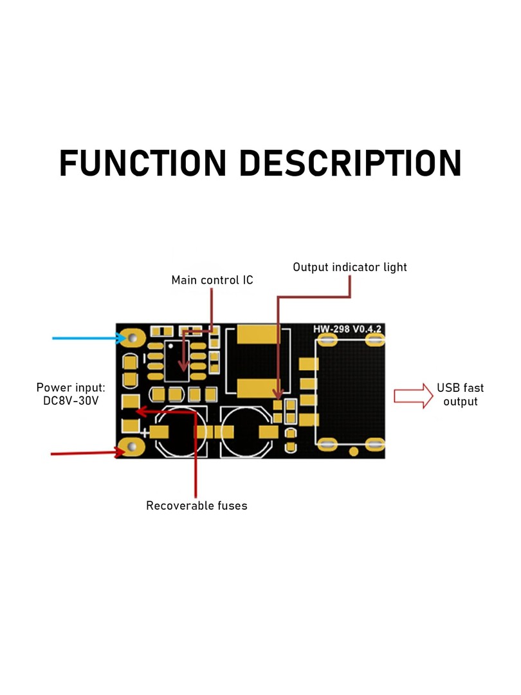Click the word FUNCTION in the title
[x=143, y=163]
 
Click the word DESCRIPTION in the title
[x=351, y=163]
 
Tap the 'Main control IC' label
[x=212, y=280]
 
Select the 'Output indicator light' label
[x=349, y=267]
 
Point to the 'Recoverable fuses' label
[x=197, y=506]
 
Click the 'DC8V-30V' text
[x=71, y=401]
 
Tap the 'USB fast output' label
[x=461, y=394]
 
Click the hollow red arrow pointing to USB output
[x=414, y=396]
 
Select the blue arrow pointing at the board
[x=89, y=338]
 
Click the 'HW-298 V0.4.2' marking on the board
[x=347, y=329]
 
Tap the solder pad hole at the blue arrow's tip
[x=132, y=338]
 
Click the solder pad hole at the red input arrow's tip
[x=132, y=448]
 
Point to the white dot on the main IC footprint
[x=170, y=346]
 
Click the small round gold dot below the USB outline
[x=354, y=452]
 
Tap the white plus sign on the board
[x=145, y=432]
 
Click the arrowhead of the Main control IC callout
[x=183, y=366]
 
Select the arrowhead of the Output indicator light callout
[x=278, y=394]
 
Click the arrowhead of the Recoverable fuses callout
[x=141, y=411]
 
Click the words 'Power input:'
[x=71, y=388]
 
